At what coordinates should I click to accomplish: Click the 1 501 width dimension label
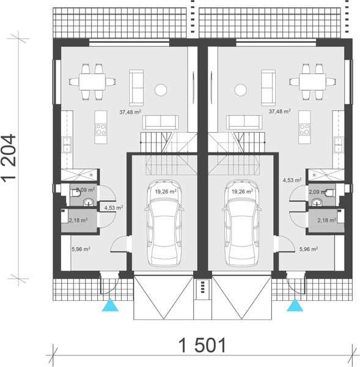(202, 346)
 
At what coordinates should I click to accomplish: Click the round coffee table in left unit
(161, 91)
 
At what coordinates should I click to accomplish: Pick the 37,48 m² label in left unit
(130, 112)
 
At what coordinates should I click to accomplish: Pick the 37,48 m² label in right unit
(279, 112)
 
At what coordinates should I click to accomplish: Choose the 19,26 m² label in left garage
(166, 191)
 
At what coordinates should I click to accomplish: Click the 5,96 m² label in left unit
(81, 249)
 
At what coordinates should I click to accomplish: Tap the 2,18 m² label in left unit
(78, 219)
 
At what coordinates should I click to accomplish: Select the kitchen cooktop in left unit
(101, 128)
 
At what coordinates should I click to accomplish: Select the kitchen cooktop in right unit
(304, 128)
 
